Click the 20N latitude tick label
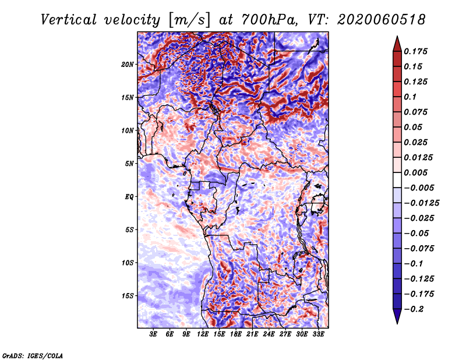click(x=127, y=65)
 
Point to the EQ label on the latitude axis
click(x=129, y=197)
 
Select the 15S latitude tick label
click(x=128, y=296)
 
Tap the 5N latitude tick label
click(x=129, y=164)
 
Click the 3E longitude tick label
click(x=153, y=334)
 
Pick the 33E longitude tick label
click(x=318, y=334)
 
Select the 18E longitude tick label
click(x=236, y=334)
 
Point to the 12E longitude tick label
click(x=203, y=334)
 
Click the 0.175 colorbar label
click(x=415, y=51)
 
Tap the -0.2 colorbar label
click(x=414, y=309)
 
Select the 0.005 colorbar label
click(x=415, y=172)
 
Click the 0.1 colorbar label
click(x=410, y=97)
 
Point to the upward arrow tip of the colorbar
click(x=397, y=36)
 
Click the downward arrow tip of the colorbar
click(x=397, y=324)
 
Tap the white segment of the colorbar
click(x=397, y=180)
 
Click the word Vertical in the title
click(x=68, y=20)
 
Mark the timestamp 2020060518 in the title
click(x=382, y=20)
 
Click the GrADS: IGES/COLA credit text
click(x=33, y=356)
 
